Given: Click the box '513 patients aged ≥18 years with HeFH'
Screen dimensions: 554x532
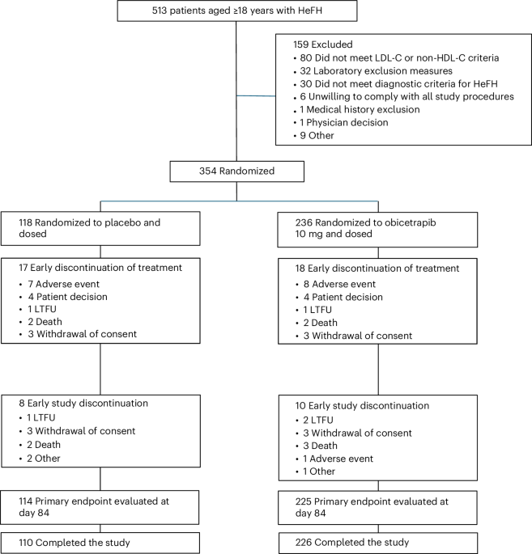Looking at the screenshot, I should pyautogui.click(x=236, y=12).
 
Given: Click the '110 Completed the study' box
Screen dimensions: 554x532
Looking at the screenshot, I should pyautogui.click(x=100, y=540).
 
